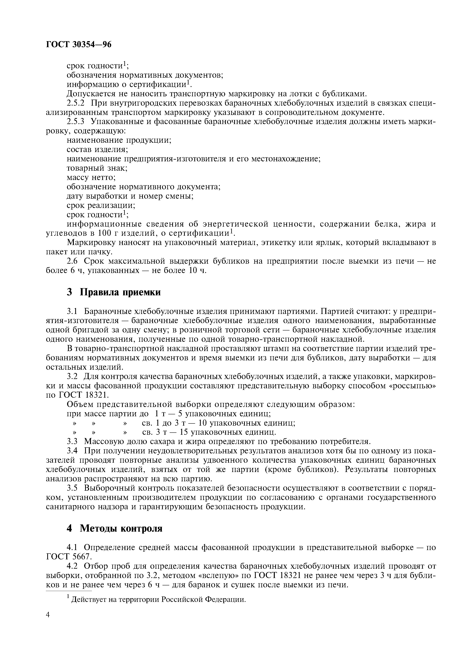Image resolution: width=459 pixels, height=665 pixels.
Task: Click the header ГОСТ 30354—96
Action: pos(79,44)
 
